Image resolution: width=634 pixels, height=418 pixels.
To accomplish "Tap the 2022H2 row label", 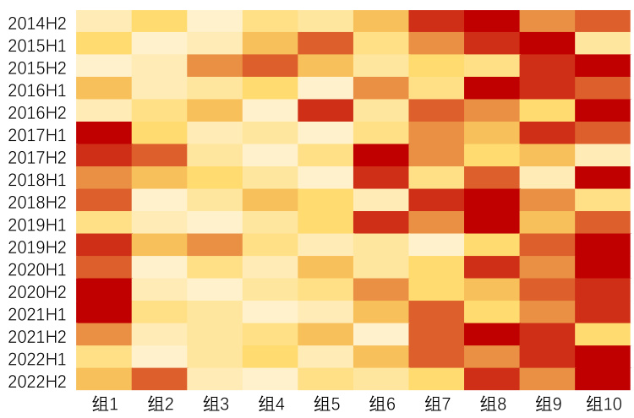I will coord(38,381).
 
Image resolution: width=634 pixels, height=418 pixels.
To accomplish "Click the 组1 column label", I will coord(103,404).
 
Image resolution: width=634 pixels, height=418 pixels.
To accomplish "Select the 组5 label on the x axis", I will coord(325,404).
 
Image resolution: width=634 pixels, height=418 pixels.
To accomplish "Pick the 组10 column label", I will coord(604,404).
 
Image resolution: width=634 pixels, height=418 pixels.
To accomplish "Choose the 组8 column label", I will coord(492,404).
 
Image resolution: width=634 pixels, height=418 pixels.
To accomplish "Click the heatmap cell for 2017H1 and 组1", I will coord(103,133).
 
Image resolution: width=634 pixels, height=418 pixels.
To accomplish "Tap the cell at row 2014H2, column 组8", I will coord(492,21).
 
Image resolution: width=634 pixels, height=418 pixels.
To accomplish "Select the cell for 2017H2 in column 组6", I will coord(381,155).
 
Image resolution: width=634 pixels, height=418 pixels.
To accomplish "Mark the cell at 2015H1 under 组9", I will coord(548,43).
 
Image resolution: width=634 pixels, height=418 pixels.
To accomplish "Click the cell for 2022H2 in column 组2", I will coord(159,379).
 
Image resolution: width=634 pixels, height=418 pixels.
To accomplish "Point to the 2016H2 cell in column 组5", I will coord(325,111).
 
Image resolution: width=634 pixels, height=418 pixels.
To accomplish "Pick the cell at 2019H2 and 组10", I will coord(604,245).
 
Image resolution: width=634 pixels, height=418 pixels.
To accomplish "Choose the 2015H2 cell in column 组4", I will coord(270,66).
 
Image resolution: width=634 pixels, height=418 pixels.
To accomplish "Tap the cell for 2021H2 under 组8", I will coord(492,334).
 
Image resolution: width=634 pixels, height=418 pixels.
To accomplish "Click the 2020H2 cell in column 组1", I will coord(103,290).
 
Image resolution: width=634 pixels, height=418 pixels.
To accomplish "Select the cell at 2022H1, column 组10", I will coord(604,356).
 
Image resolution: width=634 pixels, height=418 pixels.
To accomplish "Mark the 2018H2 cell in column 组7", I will coord(437,200).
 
